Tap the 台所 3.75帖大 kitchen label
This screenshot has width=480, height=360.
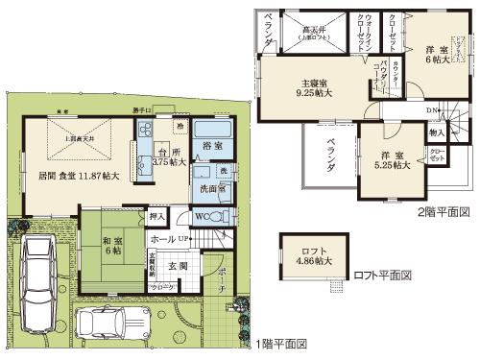[170, 157]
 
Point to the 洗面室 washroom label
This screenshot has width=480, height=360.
[213, 187]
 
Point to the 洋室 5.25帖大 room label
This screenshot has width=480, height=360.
[393, 159]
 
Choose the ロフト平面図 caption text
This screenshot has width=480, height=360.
[382, 276]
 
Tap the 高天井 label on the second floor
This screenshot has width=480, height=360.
[314, 32]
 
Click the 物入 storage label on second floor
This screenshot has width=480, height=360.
[436, 132]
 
